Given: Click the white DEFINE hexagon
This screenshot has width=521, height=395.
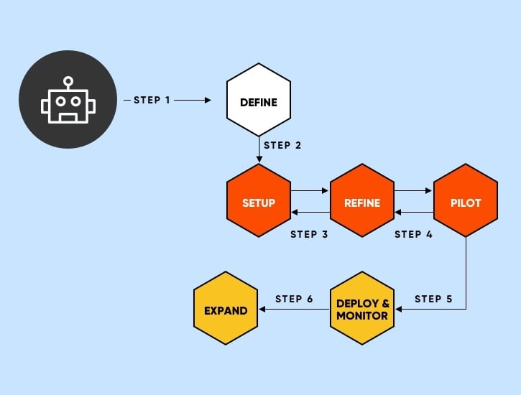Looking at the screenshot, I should click(x=258, y=103).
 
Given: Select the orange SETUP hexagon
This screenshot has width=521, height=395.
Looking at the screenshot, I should click(x=258, y=203).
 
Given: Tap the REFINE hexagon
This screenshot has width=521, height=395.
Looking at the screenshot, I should click(x=362, y=203).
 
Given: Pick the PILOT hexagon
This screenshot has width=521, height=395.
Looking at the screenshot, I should click(x=466, y=203).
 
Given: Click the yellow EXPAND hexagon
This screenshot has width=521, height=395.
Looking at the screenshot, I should click(x=226, y=310).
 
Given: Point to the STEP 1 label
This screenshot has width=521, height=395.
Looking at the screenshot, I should click(x=152, y=100).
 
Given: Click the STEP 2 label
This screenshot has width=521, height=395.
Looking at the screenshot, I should click(x=282, y=145).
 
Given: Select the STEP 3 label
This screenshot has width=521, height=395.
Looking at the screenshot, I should click(x=309, y=234).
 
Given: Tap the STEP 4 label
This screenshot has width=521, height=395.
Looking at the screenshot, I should click(x=413, y=234).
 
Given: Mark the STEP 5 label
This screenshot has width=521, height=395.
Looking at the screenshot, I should click(x=433, y=299).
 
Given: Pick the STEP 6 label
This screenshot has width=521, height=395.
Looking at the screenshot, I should click(x=294, y=299).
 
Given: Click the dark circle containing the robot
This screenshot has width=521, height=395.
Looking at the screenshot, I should click(x=68, y=99).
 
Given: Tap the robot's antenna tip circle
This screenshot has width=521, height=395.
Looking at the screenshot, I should click(x=68, y=81).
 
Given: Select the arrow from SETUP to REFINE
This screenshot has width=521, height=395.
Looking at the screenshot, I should click(x=310, y=192).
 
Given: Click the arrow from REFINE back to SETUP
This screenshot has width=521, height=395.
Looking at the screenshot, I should click(x=310, y=213).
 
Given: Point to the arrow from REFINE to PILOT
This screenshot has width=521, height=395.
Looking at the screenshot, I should click(x=414, y=192).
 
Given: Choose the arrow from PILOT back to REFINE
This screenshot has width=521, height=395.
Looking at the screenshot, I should click(x=414, y=213).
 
